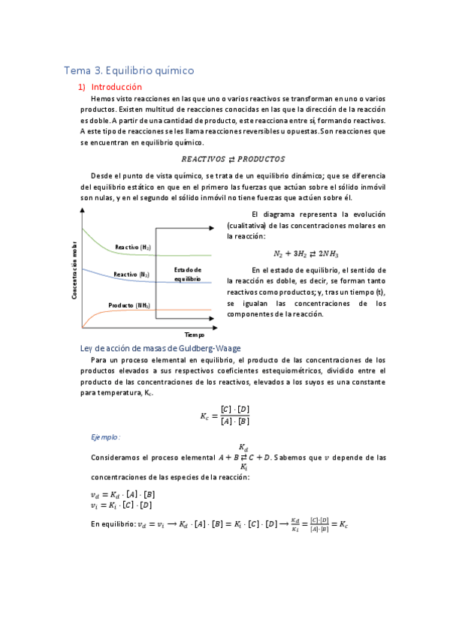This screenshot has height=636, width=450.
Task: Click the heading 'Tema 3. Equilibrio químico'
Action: coord(129,70)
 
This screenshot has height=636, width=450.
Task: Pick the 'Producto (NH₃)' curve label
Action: coord(128,305)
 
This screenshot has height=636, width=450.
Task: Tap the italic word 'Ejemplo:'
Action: coord(106,436)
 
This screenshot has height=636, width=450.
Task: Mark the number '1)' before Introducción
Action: coord(83,87)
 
